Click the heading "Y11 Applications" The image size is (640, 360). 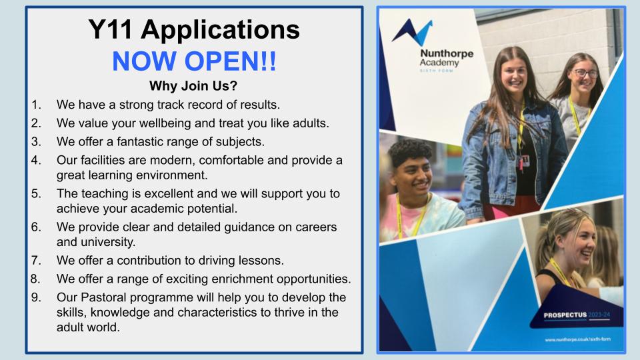(x=194, y=30)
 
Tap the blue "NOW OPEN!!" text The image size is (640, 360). (x=194, y=61)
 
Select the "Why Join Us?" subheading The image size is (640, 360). (x=193, y=86)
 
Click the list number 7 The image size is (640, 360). (x=36, y=261)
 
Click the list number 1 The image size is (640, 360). (x=36, y=105)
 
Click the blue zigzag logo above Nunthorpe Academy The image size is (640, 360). (x=412, y=31)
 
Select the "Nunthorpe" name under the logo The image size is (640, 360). (x=447, y=53)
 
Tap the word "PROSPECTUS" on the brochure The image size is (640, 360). (x=565, y=315)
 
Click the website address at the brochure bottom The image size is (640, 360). (x=577, y=339)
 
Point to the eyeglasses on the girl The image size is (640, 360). (x=586, y=73)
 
